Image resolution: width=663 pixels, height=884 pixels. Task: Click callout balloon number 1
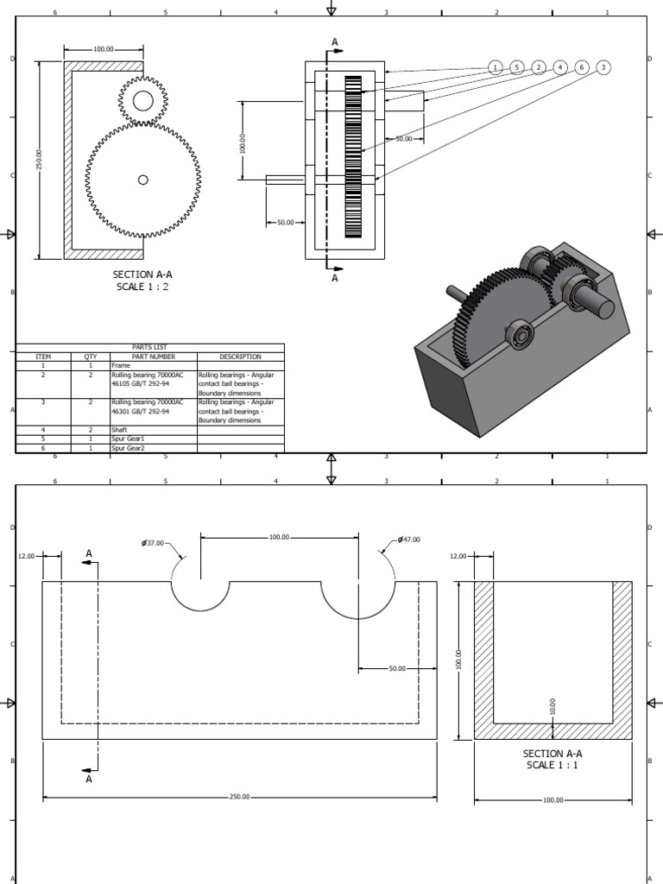(495, 67)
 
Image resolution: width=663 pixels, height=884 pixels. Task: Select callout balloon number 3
(603, 67)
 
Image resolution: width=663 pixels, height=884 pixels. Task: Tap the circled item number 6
(582, 67)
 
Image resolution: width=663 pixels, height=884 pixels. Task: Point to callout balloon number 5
(516, 67)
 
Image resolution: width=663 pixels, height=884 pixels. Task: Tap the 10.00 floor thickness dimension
(553, 707)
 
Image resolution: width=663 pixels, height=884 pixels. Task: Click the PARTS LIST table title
(149, 347)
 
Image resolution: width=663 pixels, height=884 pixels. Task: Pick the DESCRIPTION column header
(240, 357)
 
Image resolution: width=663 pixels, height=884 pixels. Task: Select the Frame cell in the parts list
(120, 366)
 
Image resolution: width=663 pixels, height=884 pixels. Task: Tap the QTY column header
(91, 357)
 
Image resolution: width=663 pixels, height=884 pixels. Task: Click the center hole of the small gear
(142, 102)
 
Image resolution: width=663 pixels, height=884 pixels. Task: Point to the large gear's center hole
(142, 180)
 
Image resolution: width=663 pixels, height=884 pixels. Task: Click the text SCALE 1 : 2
(142, 287)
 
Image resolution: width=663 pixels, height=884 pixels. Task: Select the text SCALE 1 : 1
(552, 765)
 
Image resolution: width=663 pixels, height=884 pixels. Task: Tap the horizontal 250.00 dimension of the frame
(239, 797)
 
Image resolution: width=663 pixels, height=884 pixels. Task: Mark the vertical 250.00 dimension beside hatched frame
(39, 160)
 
